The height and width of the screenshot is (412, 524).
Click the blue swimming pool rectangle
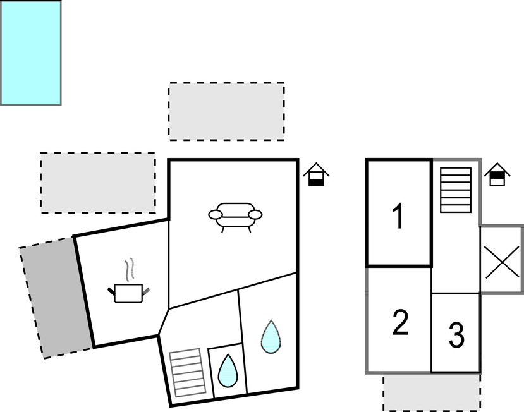click(30, 52)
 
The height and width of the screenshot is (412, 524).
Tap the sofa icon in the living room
click(235, 215)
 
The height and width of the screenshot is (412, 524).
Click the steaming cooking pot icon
click(130, 290)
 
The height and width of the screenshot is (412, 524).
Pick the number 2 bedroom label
click(401, 323)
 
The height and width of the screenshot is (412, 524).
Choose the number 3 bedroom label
click(456, 336)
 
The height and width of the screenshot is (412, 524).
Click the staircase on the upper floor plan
click(456, 190)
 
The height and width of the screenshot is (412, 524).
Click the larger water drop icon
click(271, 337)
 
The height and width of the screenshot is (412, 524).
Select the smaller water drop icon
click(226, 370)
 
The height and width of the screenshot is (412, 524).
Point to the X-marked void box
click(501, 260)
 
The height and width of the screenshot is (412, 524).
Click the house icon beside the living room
click(316, 175)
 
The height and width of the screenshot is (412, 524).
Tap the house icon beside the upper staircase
click(497, 174)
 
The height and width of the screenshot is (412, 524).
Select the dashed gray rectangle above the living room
click(226, 111)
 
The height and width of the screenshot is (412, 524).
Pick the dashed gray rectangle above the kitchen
click(98, 182)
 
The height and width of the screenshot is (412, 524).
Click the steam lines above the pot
click(130, 269)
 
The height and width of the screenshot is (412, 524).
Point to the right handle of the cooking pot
click(147, 291)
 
